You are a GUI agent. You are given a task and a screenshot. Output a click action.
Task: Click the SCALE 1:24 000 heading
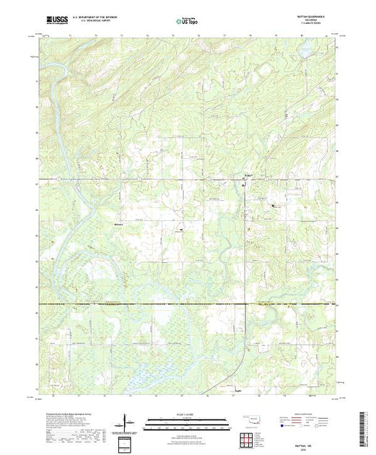186,412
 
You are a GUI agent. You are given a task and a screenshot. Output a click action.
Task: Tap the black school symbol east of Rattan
273,207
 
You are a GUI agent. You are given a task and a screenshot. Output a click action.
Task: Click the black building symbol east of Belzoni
181,230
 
